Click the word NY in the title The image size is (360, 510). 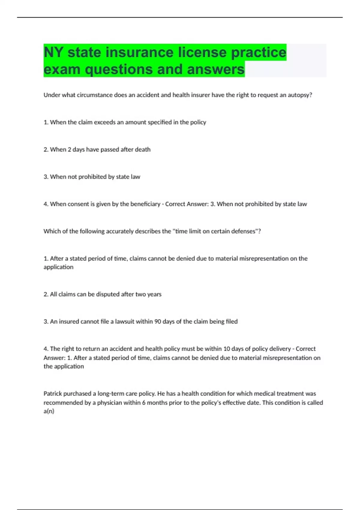pyautogui.click(x=53, y=52)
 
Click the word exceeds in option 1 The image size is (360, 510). pyautogui.click(x=105, y=122)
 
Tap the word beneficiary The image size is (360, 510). pyautogui.click(x=145, y=204)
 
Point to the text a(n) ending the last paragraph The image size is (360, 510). pyautogui.click(x=49, y=411)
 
